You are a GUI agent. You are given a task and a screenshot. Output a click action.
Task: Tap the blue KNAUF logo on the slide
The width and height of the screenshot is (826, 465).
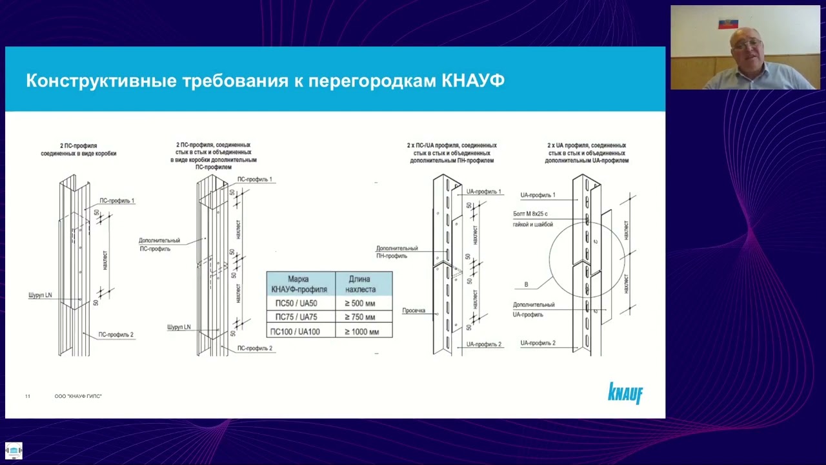tap(625, 393)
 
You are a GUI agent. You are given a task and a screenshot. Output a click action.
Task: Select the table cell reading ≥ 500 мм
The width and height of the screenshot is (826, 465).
tap(359, 304)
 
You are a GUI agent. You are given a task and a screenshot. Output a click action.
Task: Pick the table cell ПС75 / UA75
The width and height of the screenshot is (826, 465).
tap(296, 317)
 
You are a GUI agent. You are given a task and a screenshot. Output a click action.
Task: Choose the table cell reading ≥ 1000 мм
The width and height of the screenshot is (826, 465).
tap(361, 332)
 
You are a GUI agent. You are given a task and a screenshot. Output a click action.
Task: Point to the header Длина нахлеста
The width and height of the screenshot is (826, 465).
tap(359, 284)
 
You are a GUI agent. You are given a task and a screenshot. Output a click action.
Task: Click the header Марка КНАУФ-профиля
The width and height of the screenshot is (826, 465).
tap(298, 284)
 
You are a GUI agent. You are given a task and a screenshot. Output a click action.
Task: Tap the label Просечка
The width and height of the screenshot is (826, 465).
tap(414, 311)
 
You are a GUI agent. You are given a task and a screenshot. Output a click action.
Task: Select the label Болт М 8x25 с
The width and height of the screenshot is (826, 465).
tap(530, 214)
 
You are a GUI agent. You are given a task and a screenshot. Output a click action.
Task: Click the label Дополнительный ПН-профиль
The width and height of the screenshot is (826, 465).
tap(397, 252)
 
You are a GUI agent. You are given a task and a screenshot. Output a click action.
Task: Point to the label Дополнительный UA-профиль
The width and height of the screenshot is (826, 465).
tap(534, 309)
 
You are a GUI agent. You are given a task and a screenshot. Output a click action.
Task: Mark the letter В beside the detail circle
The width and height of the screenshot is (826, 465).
tap(526, 285)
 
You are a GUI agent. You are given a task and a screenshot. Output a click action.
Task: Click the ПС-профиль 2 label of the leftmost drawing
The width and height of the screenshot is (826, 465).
tap(116, 335)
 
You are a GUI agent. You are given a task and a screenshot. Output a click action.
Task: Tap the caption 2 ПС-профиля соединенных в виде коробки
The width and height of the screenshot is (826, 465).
tap(79, 150)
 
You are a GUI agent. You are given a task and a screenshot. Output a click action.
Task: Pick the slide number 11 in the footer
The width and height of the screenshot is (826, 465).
tap(28, 396)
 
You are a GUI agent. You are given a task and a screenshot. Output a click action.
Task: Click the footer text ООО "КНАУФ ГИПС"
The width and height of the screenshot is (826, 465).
tap(78, 396)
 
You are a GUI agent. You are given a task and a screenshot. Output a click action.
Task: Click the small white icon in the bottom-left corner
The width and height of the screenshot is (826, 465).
tap(14, 451)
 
